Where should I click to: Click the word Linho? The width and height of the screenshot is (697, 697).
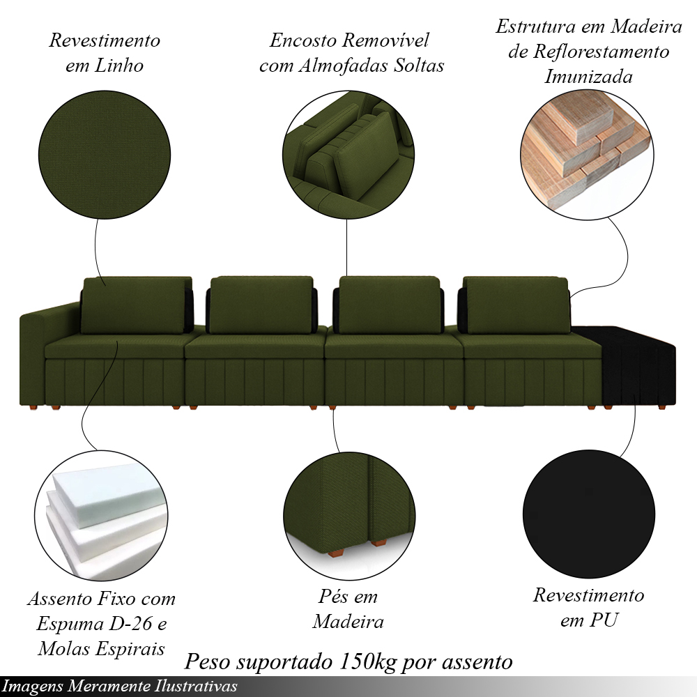click(119, 66)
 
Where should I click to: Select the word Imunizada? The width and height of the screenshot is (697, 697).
click(588, 77)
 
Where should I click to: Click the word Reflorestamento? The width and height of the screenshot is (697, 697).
click(601, 52)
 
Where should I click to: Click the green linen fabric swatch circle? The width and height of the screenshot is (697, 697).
click(105, 155)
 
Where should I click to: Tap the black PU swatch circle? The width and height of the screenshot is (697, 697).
click(589, 514)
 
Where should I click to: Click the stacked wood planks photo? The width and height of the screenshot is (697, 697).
click(587, 153)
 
